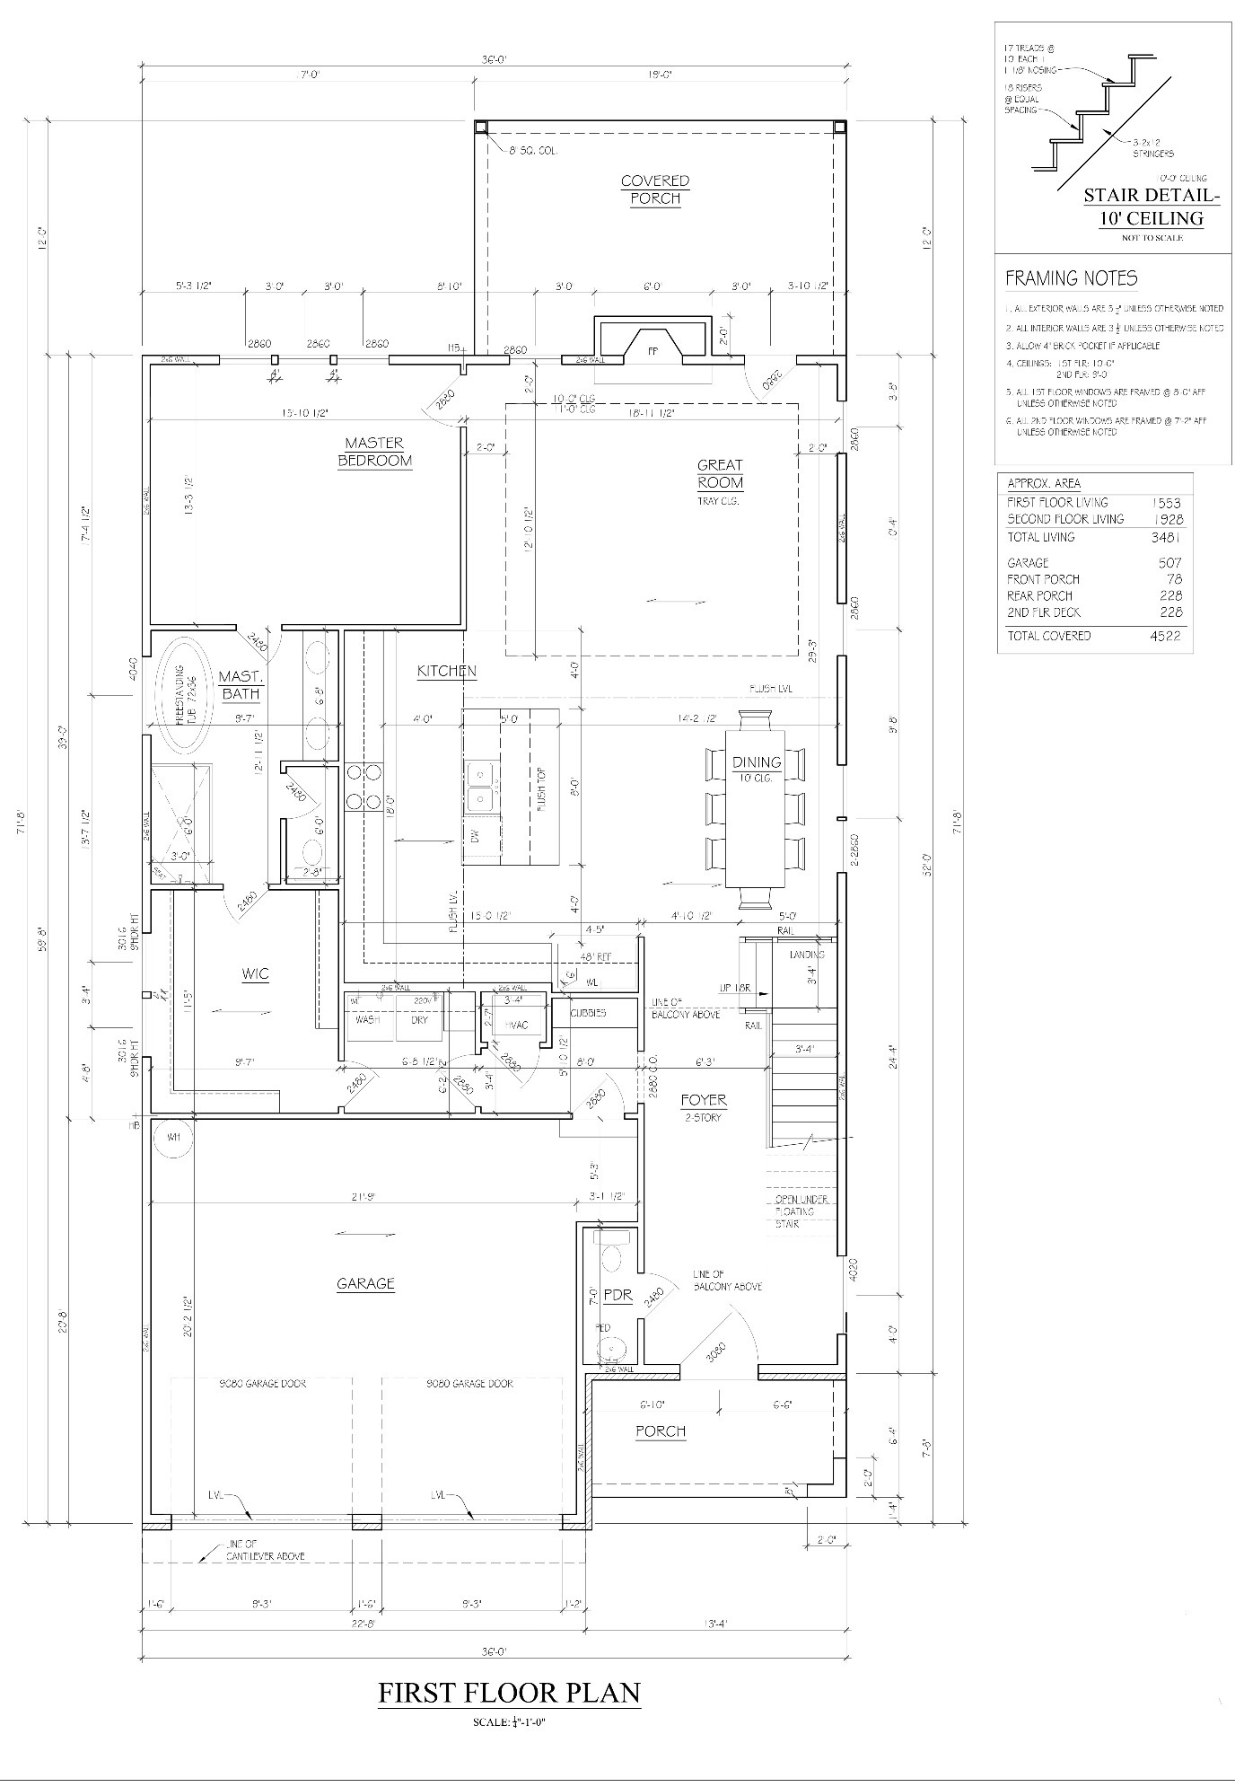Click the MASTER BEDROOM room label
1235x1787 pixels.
tap(374, 452)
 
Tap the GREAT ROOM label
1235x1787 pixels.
tap(720, 473)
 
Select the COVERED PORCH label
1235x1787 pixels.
tap(655, 189)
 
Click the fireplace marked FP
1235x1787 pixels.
tap(653, 351)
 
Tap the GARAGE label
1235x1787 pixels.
tap(365, 1284)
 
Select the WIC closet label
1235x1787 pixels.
tap(256, 974)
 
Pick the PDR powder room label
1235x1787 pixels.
tap(617, 1296)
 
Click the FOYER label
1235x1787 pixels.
tap(704, 1100)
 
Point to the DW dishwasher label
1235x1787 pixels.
tap(476, 835)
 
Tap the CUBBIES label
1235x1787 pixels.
tap(588, 1013)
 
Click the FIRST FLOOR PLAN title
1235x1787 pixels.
tap(509, 1694)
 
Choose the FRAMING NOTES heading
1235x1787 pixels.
tap(1071, 278)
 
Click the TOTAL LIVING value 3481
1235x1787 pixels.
tap(1166, 537)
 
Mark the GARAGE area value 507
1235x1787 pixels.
tap(1169, 563)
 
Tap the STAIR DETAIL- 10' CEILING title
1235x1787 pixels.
tap(1151, 207)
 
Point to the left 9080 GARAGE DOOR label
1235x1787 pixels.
tap(262, 1384)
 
